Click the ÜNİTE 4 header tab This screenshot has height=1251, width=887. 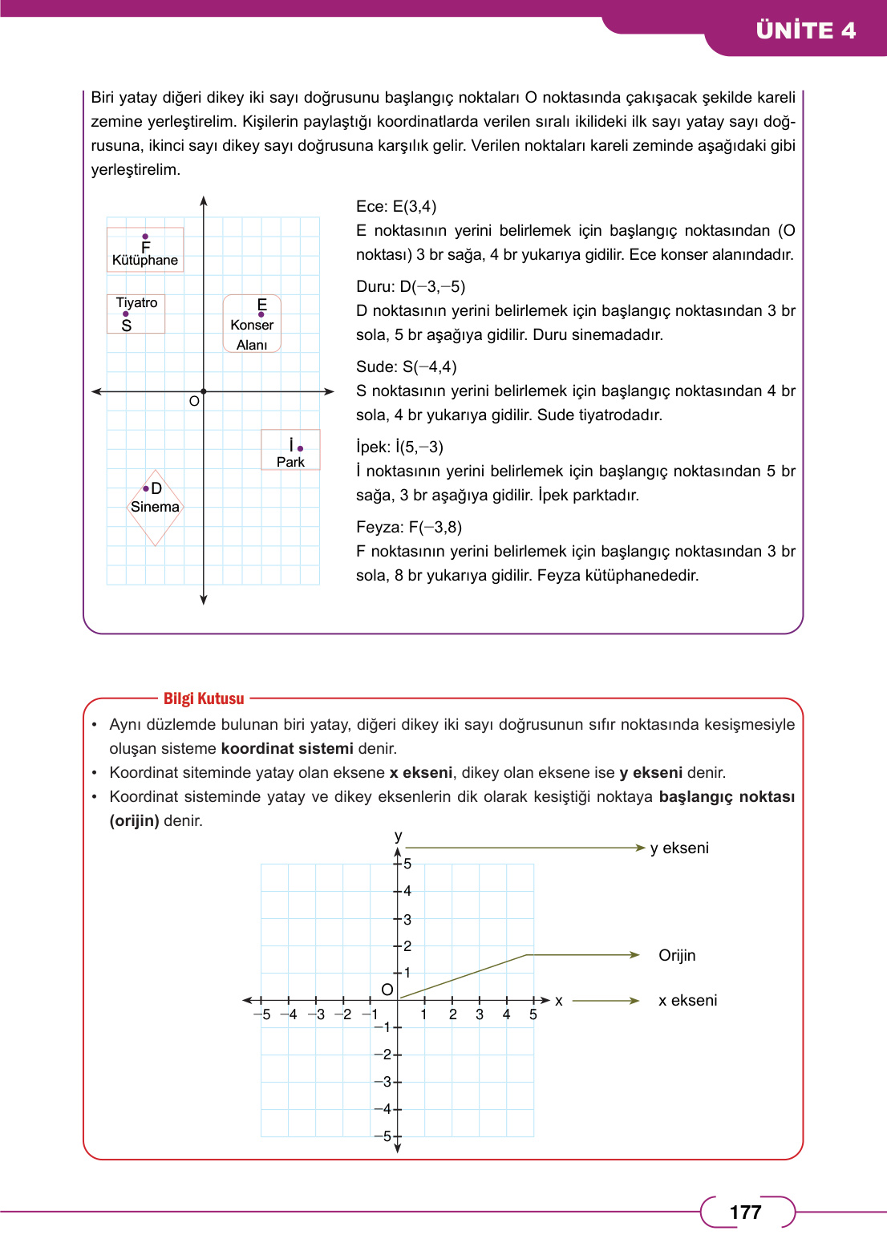coord(805,30)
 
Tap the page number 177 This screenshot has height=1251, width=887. coord(745,1212)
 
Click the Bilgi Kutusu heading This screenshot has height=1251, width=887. coord(204,698)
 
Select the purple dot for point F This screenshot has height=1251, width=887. coord(145,237)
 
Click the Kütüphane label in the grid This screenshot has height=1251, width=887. coord(145,260)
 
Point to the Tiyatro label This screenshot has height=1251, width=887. coord(136,302)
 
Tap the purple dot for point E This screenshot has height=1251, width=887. coord(261,314)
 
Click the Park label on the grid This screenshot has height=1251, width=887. coord(290,462)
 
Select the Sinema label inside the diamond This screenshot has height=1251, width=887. coord(155,507)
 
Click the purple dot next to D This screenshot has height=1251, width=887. coord(146,488)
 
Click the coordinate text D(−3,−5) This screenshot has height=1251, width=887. coord(432,286)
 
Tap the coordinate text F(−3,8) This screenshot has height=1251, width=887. coord(435,527)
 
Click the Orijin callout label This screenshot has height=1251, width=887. coord(677,955)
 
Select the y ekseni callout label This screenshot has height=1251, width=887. coord(679,848)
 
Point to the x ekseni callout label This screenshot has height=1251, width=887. coord(687,1000)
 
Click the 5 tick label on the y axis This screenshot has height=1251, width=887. coord(407,864)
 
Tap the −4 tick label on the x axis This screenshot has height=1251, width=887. coord(289,1014)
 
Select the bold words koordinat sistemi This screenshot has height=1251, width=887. coord(287,748)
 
